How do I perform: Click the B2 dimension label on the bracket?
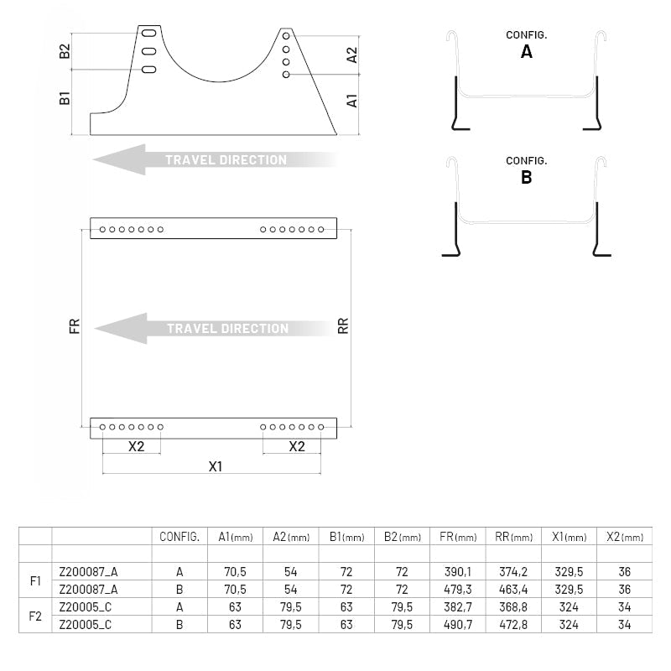(65, 51)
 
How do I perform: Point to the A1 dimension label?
(351, 101)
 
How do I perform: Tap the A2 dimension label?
(351, 55)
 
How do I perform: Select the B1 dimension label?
(65, 97)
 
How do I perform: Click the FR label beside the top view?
(75, 326)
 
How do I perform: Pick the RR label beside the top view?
(343, 326)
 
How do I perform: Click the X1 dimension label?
(216, 466)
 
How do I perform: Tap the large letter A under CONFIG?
(527, 52)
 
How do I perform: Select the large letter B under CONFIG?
(527, 177)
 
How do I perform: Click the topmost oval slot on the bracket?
(149, 33)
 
